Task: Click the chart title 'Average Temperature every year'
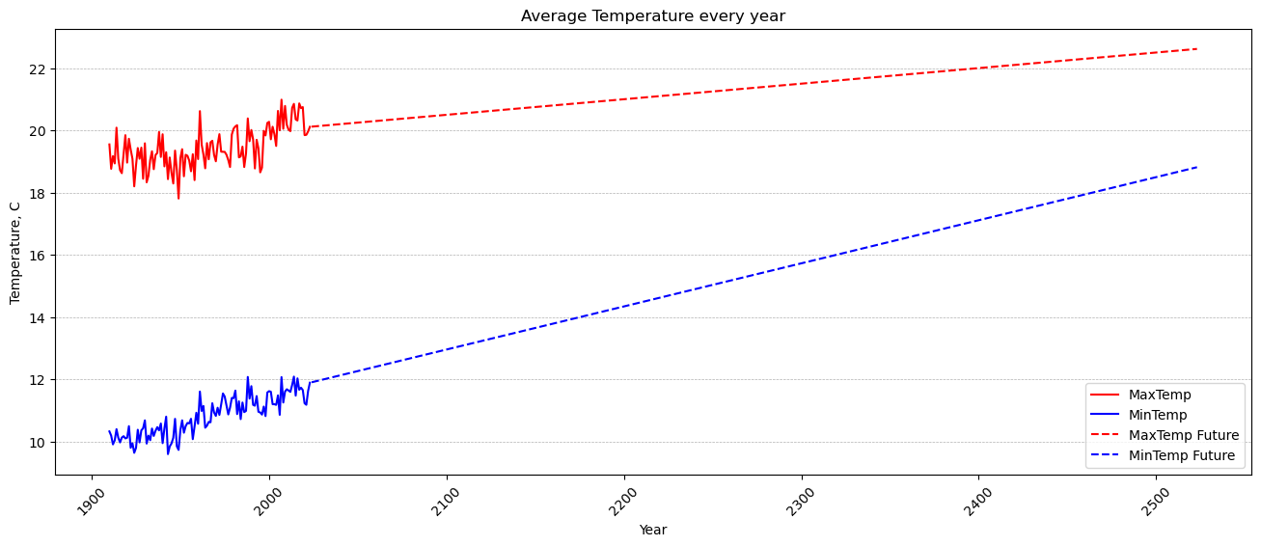pyautogui.click(x=652, y=15)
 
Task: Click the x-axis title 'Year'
pyautogui.click(x=652, y=530)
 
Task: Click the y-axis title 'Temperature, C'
pyautogui.click(x=15, y=252)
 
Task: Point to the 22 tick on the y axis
pyautogui.click(x=39, y=69)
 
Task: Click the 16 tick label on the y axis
pyautogui.click(x=39, y=256)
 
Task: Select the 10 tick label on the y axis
pyautogui.click(x=39, y=443)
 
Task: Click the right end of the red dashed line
pyautogui.click(x=1196, y=49)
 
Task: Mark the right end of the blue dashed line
pyautogui.click(x=1196, y=167)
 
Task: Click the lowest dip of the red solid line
pyautogui.click(x=178, y=199)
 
